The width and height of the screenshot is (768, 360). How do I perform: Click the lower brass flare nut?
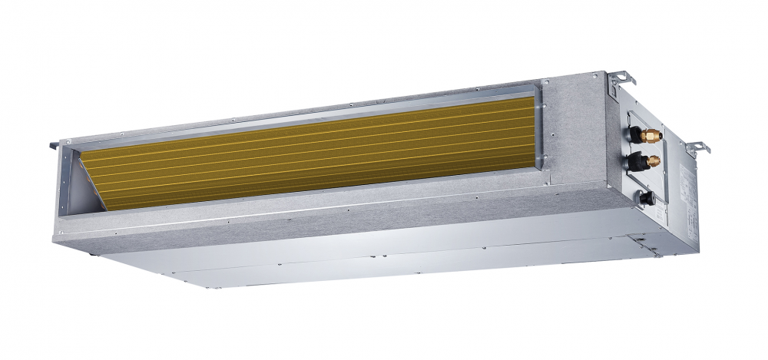654,162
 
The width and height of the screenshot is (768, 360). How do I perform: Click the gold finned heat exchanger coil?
307,150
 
